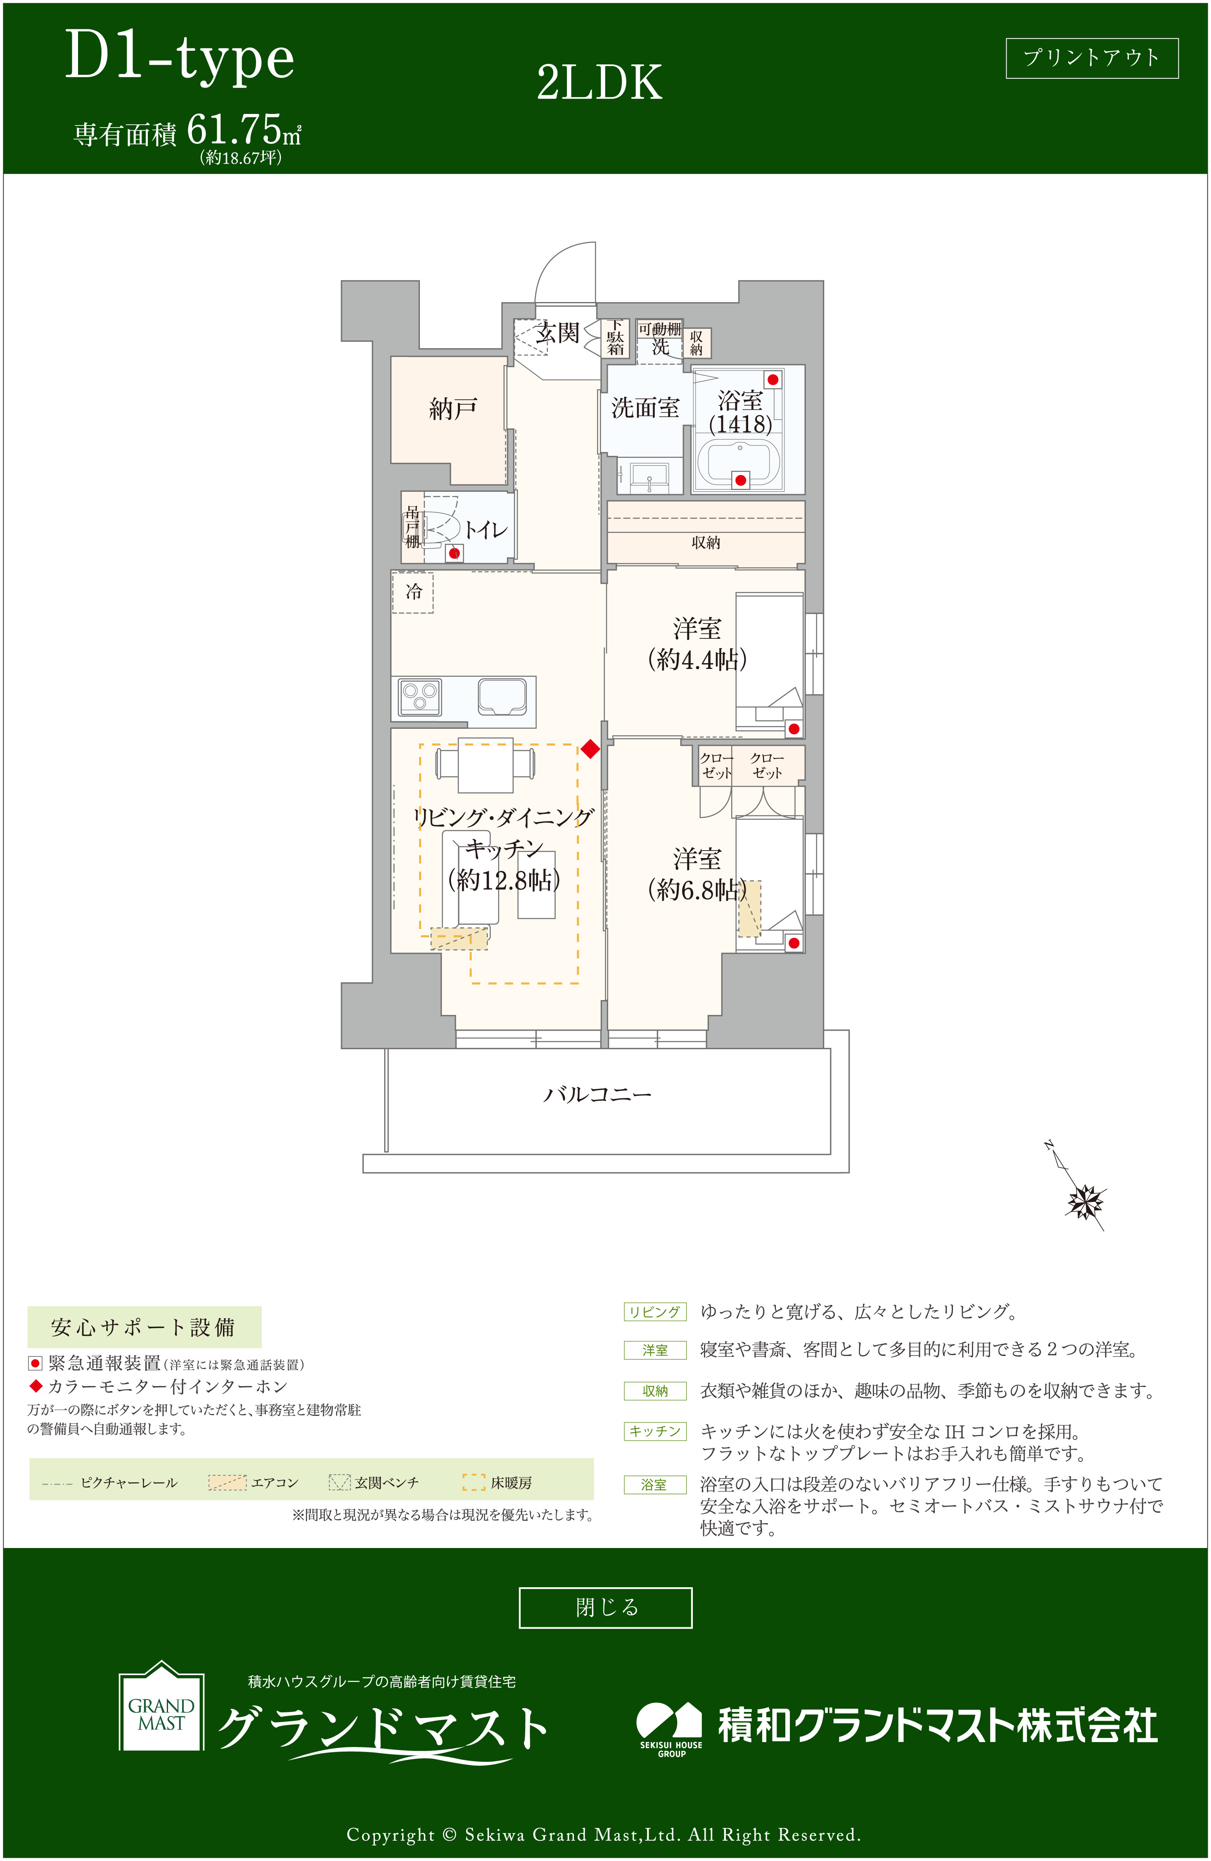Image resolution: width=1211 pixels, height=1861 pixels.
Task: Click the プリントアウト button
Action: [x=1091, y=58]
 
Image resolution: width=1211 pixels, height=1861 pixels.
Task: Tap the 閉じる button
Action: [x=605, y=1607]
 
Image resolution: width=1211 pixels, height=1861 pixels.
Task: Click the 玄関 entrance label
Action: [x=557, y=334]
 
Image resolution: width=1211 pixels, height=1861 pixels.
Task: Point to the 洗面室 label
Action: [x=645, y=408]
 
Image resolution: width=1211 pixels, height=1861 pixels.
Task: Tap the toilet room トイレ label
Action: [x=486, y=530]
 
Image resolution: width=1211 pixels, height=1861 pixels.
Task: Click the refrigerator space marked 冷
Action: [x=413, y=592]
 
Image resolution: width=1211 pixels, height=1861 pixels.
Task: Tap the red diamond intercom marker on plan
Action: [x=590, y=749]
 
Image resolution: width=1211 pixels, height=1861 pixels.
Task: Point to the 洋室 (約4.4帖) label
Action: [x=697, y=644]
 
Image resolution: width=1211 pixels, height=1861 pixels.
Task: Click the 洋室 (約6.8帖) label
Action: [x=697, y=874]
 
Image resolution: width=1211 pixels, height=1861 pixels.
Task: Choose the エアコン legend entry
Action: [x=253, y=1482]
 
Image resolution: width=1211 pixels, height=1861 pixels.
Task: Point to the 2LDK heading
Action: [x=599, y=83]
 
